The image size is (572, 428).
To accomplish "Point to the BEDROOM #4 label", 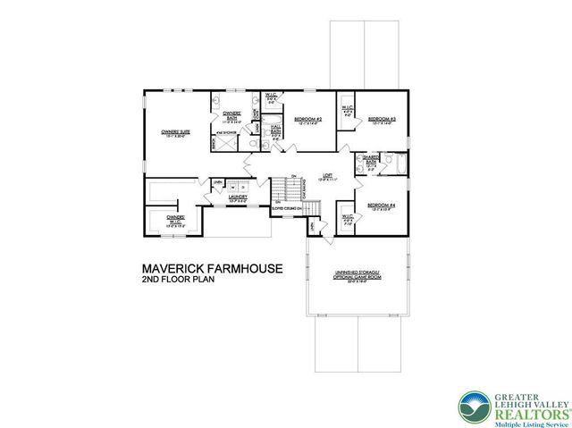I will point(379,208).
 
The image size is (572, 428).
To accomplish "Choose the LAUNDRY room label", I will point(237,197).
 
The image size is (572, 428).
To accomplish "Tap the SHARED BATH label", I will point(368,162).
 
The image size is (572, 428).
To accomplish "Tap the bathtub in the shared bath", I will point(398,164).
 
